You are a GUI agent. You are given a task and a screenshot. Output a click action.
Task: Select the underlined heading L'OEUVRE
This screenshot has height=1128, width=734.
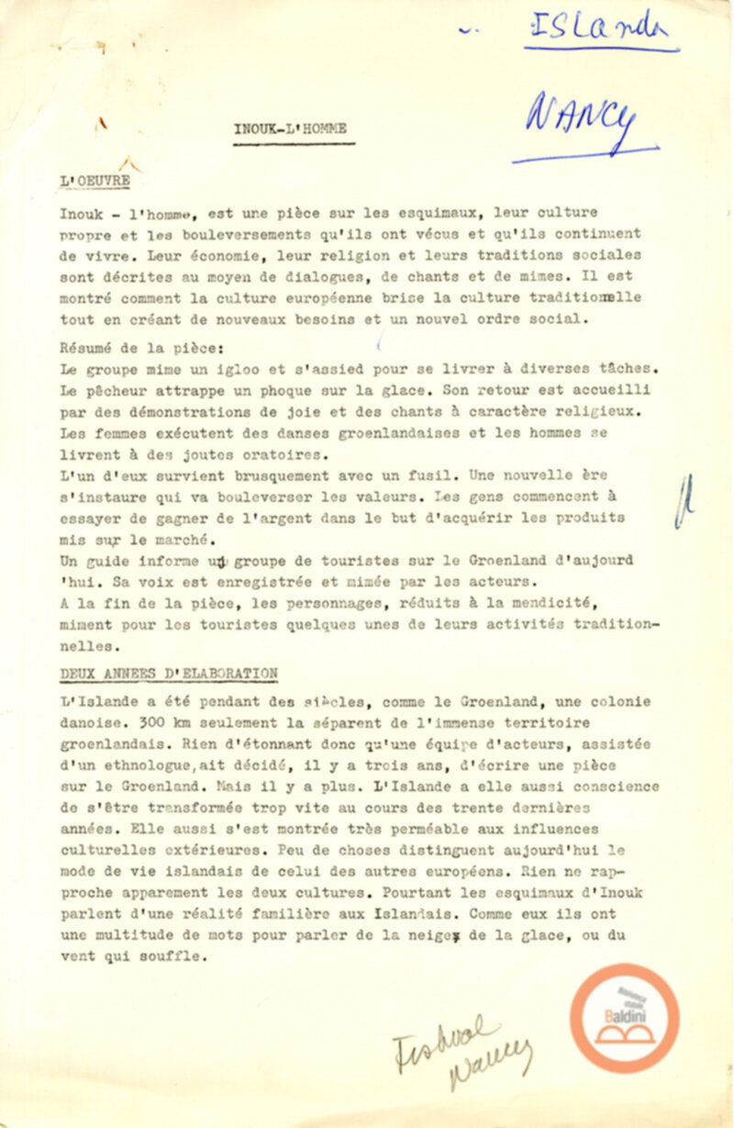(x=94, y=183)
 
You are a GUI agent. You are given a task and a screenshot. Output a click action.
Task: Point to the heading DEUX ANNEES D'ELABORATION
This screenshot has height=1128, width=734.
(x=168, y=672)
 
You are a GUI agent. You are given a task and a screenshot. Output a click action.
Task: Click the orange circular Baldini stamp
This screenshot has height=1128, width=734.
(x=624, y=1018)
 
